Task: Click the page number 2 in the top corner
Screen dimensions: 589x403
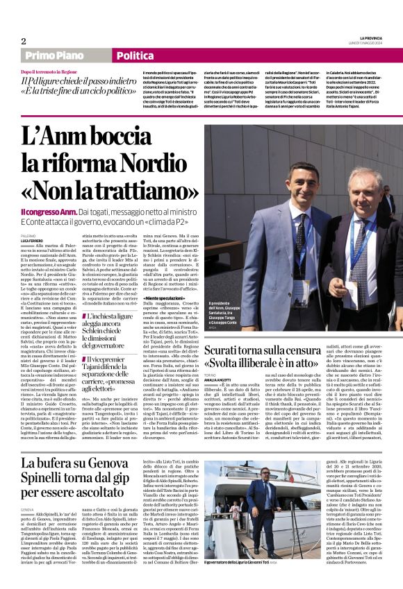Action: click(24, 40)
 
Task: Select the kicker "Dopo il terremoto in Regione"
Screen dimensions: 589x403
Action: click(49, 72)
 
